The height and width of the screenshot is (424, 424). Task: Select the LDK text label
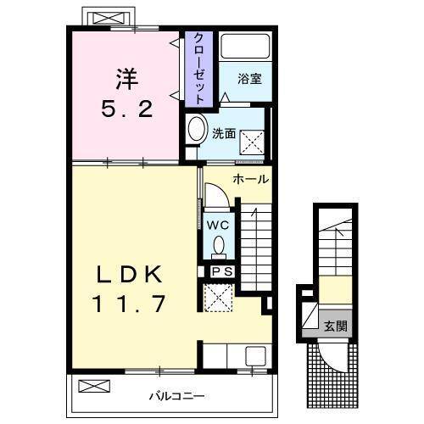[128, 274]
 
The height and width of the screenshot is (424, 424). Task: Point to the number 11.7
[129, 301]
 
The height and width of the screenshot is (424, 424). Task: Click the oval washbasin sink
[197, 130]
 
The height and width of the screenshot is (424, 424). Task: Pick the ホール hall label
[251, 179]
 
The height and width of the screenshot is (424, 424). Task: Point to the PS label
[221, 271]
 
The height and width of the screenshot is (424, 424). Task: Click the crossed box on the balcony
[94, 387]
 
